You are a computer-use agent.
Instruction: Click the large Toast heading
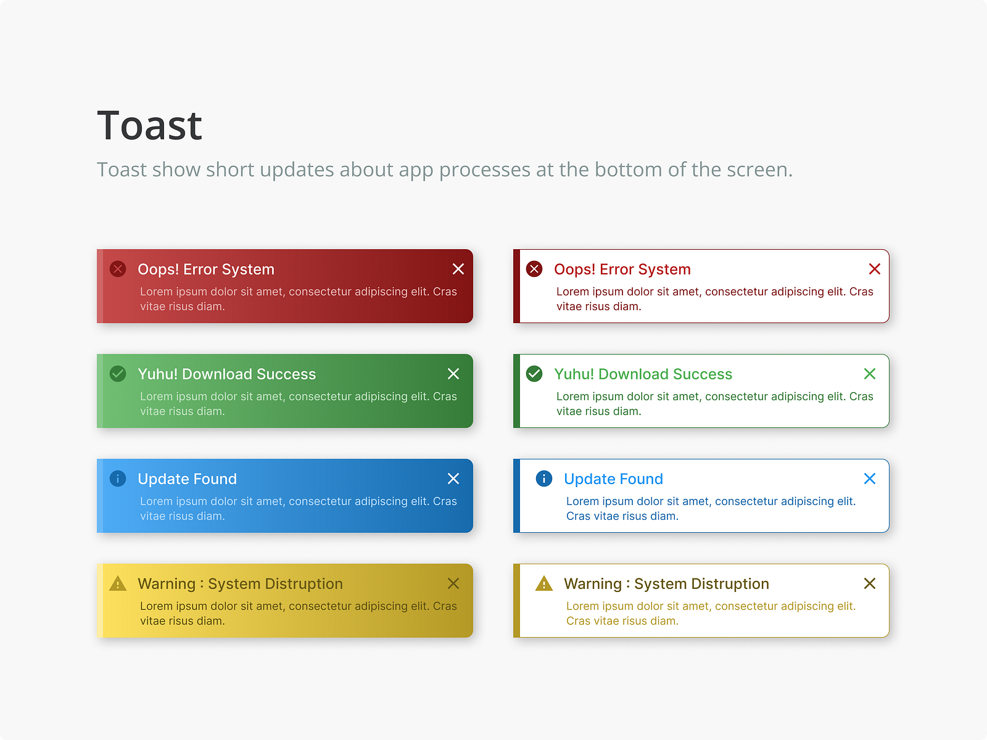149,126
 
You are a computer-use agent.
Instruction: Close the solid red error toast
458,269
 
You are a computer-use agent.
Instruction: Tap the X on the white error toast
874,269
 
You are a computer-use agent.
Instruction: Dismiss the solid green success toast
453,374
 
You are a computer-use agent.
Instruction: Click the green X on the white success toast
870,374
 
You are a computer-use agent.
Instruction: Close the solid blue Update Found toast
453,479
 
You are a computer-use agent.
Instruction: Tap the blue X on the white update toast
870,479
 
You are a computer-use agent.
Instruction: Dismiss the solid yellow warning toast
453,583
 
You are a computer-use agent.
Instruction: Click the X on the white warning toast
870,583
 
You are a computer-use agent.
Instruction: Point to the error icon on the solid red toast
118,269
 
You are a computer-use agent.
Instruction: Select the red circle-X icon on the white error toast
534,269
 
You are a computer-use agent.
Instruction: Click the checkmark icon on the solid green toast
118,374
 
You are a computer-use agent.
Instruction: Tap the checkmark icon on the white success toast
534,374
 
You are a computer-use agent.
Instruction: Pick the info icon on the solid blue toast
118,479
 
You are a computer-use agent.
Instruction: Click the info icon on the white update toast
544,479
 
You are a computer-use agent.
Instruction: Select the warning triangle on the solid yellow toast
118,583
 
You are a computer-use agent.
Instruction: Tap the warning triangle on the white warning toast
544,583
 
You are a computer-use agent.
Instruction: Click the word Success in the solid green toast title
286,374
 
